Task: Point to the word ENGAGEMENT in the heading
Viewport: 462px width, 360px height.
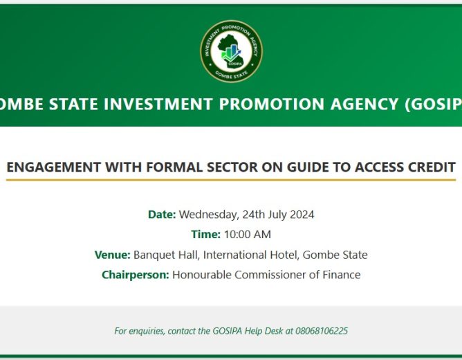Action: (x=53, y=167)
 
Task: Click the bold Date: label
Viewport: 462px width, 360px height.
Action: (x=162, y=215)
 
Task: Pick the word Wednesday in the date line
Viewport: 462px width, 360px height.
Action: (x=209, y=215)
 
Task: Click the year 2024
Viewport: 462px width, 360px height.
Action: (x=301, y=215)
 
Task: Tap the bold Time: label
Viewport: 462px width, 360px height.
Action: (x=205, y=235)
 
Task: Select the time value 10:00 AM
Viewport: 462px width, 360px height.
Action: (x=248, y=235)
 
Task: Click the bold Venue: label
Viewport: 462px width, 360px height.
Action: (x=112, y=255)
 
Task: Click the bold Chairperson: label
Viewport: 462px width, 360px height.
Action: (x=135, y=275)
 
